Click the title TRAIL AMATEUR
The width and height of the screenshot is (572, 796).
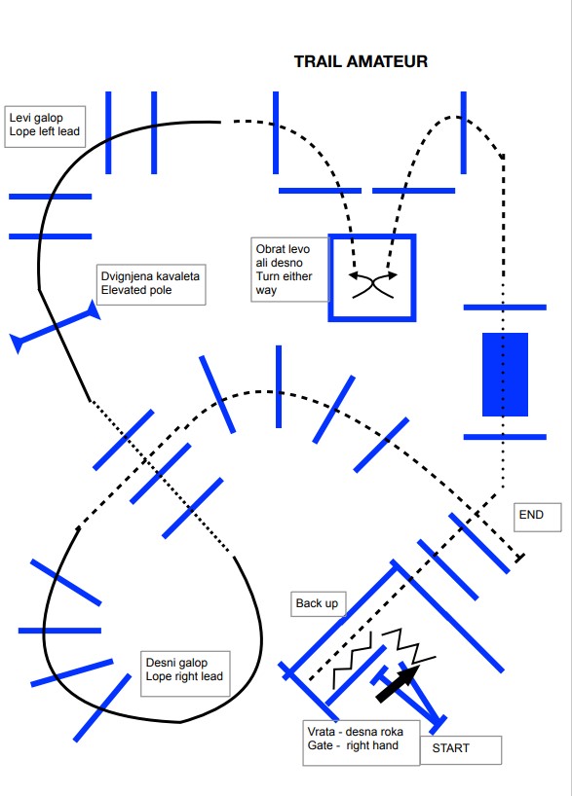point(361,61)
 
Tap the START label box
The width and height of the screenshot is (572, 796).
point(461,750)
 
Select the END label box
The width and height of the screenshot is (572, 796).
point(538,518)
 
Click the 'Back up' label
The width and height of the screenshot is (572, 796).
point(318,604)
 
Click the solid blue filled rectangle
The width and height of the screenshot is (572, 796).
point(505,375)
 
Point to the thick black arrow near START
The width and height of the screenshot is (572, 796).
point(399,683)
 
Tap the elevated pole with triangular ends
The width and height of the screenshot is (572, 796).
point(56,326)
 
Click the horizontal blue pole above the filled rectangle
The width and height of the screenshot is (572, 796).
point(505,308)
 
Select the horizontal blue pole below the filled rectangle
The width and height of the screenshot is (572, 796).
point(505,437)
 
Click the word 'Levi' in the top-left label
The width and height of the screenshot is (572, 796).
point(19,118)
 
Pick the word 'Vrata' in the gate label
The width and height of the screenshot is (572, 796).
point(322,732)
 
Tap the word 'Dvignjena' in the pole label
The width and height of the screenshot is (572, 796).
point(126,276)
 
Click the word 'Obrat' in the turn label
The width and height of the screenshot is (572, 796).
point(269,249)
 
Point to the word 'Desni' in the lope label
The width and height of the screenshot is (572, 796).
point(160,663)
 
